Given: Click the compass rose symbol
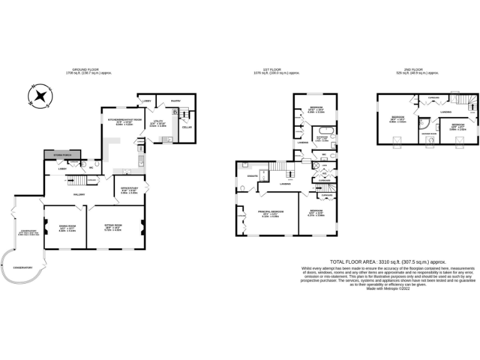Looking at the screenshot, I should tap(40, 96).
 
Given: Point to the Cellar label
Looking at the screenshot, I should tap(186, 127).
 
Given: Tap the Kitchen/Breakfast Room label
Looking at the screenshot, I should tap(126, 120).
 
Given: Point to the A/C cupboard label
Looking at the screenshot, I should tap(316, 173).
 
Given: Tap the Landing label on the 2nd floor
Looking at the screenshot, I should tap(446, 112).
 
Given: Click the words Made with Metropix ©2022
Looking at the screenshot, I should tap(388, 288).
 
